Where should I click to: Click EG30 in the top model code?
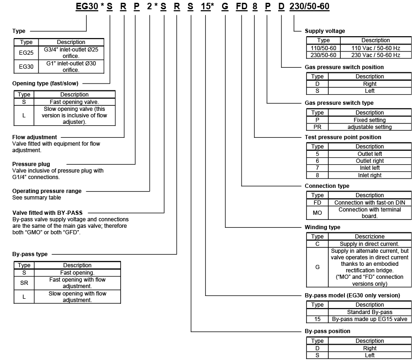(x=87, y=7)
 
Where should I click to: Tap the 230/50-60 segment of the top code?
(x=309, y=7)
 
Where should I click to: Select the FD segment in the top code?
(x=242, y=7)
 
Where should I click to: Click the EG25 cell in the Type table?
(x=26, y=53)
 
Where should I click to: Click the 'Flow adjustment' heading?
(x=35, y=137)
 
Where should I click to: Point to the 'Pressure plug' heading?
(x=31, y=164)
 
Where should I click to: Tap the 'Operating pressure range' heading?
(x=47, y=191)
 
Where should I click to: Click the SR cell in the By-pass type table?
(x=24, y=283)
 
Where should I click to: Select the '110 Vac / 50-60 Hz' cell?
(x=375, y=48)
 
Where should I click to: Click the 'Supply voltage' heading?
(x=325, y=31)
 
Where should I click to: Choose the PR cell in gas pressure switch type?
(x=318, y=127)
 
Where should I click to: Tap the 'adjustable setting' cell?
(x=369, y=127)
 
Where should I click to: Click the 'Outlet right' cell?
(x=369, y=161)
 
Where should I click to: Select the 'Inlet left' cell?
(x=369, y=168)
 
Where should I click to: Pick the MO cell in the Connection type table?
(x=318, y=213)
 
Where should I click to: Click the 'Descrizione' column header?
(x=369, y=237)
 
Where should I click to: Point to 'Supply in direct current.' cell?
(x=369, y=244)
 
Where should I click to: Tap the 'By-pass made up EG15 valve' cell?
(x=369, y=320)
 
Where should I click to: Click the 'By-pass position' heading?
(x=327, y=331)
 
